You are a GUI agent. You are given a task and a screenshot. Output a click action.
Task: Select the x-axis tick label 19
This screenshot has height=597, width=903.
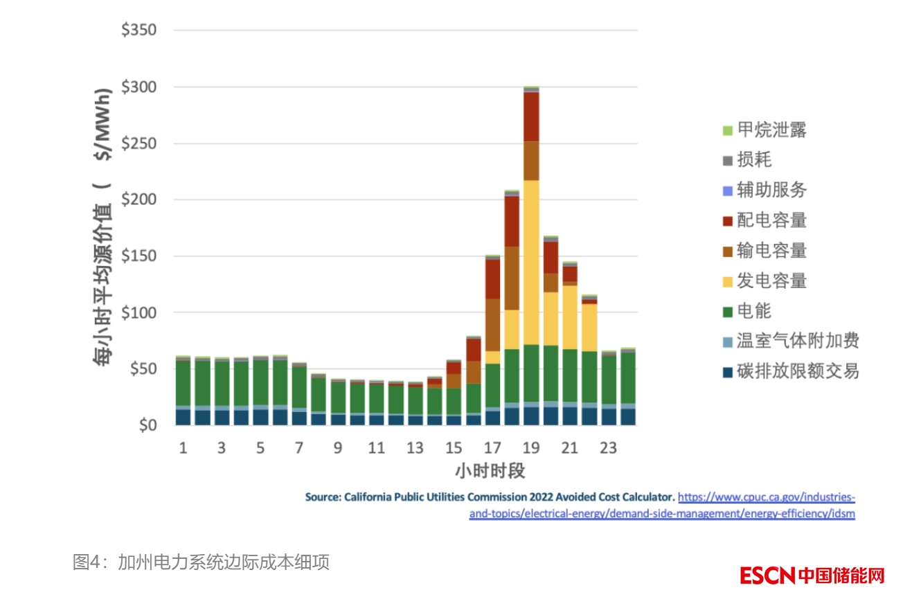tap(531, 448)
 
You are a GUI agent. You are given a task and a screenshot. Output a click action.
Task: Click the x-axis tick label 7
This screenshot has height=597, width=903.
tap(298, 448)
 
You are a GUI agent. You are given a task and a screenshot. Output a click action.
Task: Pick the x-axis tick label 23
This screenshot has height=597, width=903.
tap(608, 448)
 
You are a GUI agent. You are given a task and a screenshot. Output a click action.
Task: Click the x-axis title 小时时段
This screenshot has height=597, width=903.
tap(490, 471)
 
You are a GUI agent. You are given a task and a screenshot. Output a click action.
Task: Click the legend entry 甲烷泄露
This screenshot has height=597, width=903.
tap(771, 130)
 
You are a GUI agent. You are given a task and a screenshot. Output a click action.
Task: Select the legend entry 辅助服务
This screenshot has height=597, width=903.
tap(771, 190)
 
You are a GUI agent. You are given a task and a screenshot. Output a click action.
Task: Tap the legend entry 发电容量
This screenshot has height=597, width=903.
tap(771, 280)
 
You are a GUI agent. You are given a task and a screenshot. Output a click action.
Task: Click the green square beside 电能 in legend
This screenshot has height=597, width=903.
tap(727, 311)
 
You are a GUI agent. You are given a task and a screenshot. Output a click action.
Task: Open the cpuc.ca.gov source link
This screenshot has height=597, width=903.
tap(766, 497)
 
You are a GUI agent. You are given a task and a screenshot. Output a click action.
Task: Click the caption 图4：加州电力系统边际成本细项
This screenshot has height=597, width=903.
tap(201, 562)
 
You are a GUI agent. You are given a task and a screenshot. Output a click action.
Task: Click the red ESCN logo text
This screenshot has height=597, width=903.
tap(767, 575)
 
